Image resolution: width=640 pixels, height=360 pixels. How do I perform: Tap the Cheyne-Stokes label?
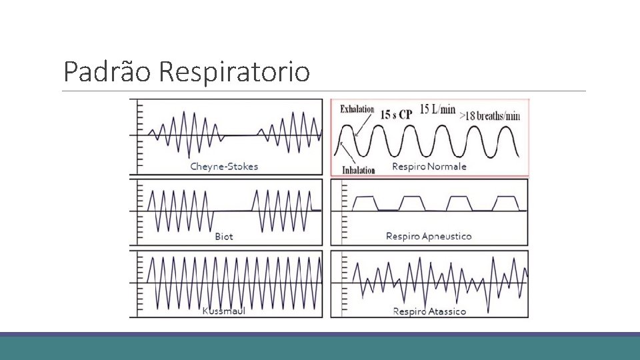click(224, 166)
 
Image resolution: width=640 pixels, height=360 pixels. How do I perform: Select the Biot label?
click(224, 236)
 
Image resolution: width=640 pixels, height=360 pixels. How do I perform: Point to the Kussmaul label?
click(224, 311)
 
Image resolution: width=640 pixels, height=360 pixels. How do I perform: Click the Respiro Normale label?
click(429, 166)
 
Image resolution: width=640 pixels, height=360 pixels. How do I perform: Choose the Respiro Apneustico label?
click(429, 236)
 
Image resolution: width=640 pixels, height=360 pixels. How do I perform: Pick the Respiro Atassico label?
click(429, 311)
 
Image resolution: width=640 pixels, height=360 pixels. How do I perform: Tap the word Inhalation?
click(359, 170)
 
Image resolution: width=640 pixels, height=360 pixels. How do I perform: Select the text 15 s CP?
click(396, 114)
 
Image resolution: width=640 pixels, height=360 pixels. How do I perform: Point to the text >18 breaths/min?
click(489, 115)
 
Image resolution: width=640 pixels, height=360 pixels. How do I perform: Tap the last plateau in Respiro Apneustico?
click(505, 197)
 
